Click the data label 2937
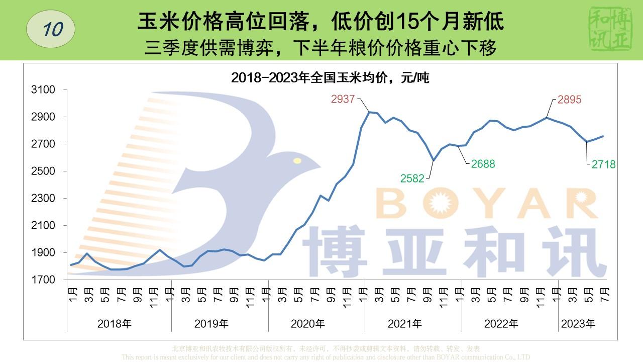343,99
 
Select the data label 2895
569,100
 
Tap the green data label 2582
412,178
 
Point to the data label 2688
483,163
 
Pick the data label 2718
603,164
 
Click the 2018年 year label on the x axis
114,324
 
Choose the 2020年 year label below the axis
307,324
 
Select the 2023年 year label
578,324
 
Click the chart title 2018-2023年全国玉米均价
330,78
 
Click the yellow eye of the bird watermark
297,161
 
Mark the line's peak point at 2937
369,112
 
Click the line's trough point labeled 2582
434,161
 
